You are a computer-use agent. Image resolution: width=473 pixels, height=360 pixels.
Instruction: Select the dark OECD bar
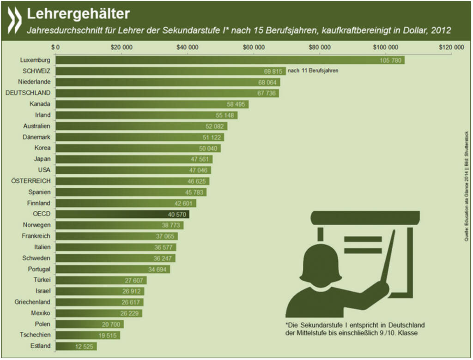click(x=122, y=214)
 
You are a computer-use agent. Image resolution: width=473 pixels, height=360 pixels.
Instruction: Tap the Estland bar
click(x=76, y=346)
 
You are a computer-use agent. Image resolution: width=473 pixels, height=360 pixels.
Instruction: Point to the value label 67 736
click(x=267, y=93)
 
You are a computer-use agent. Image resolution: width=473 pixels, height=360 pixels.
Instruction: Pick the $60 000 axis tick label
click(x=254, y=48)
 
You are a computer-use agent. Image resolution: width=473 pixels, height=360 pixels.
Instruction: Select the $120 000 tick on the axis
click(x=451, y=48)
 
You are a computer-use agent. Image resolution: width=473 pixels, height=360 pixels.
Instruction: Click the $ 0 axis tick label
click(x=56, y=48)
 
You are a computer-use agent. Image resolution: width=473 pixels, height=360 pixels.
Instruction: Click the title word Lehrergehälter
click(x=78, y=14)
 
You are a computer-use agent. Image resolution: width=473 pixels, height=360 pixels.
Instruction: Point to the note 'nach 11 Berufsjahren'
click(x=313, y=71)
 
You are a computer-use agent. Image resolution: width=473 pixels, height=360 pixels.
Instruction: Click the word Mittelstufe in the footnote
click(x=318, y=333)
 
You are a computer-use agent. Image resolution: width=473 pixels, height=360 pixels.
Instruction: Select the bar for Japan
click(x=134, y=159)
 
